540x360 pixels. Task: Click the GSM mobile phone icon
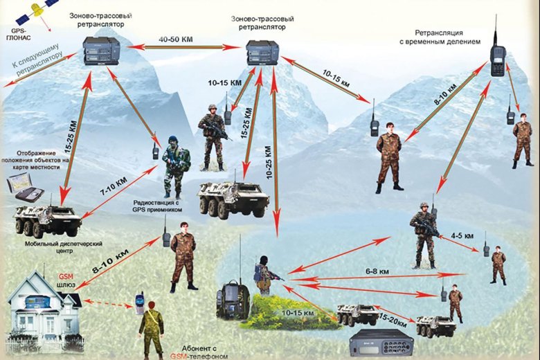139,303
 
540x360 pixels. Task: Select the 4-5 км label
462,236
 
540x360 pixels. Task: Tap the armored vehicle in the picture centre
233,197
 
